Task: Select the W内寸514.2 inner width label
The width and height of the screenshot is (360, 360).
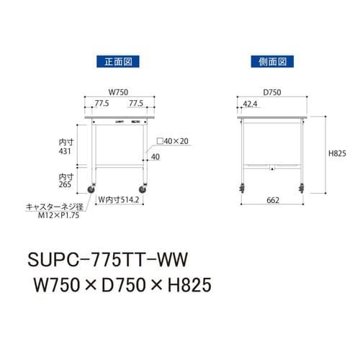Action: coord(120,199)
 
